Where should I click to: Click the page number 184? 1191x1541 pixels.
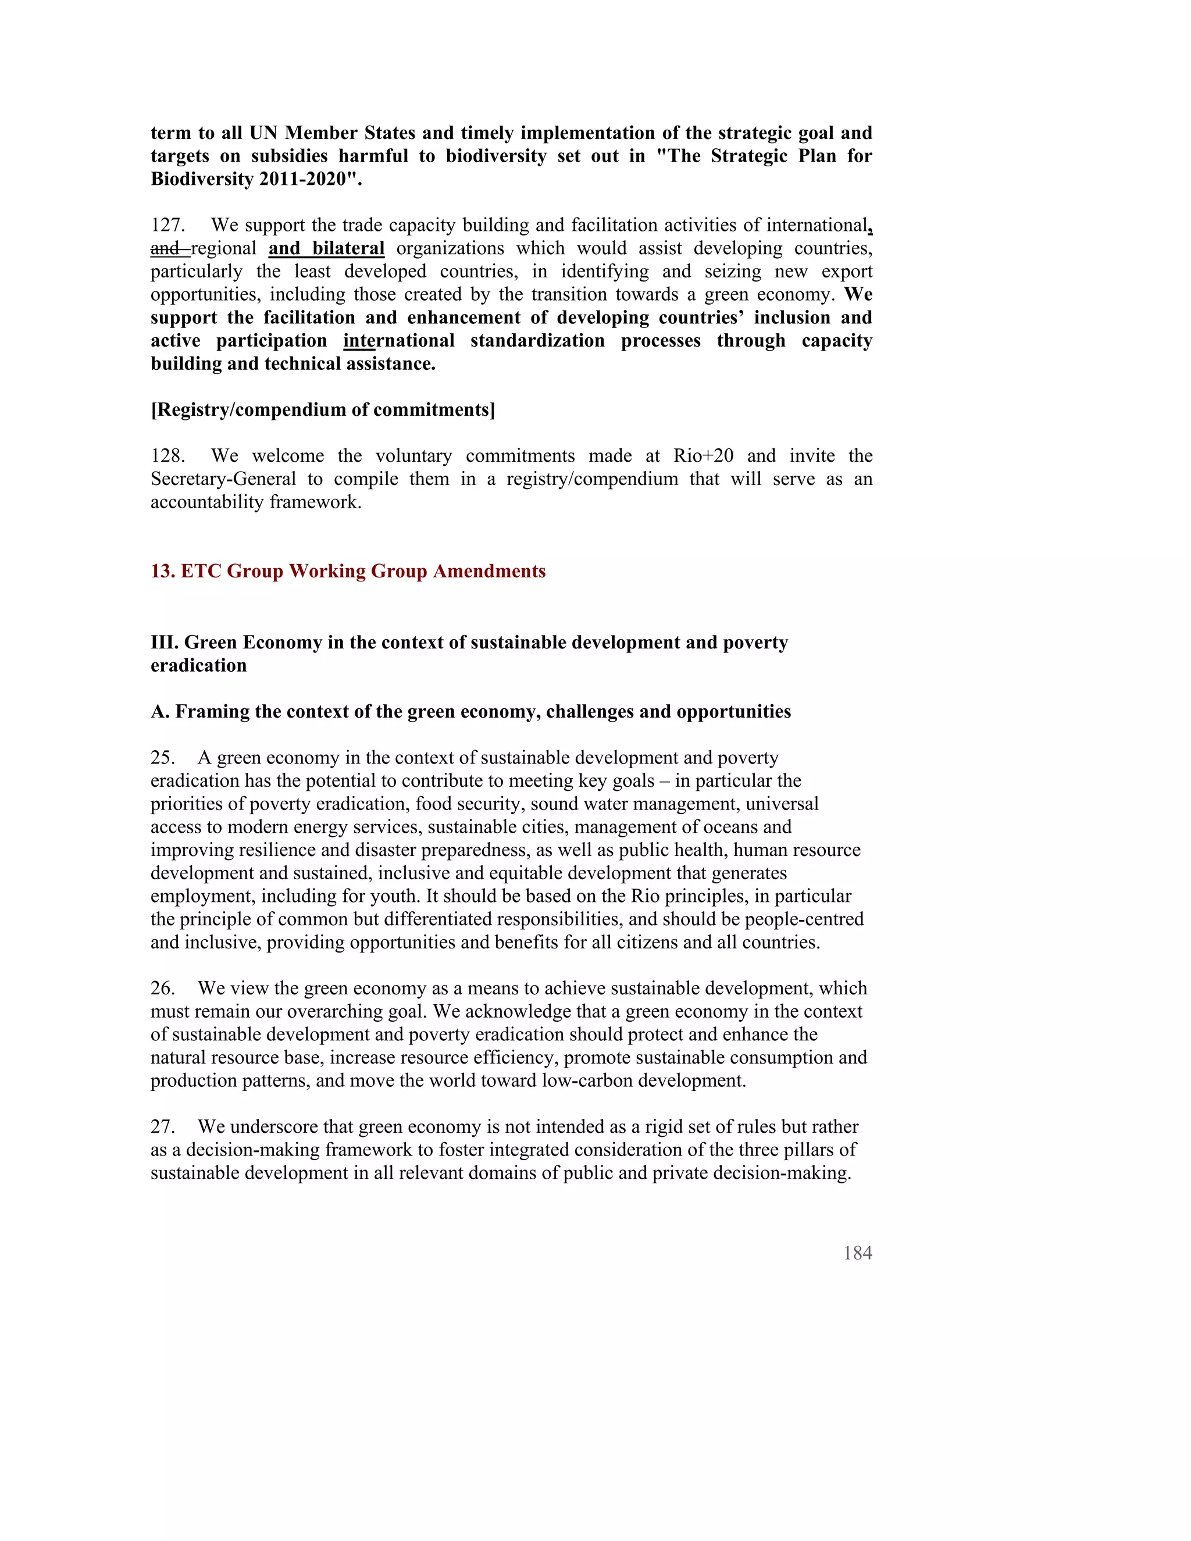point(857,1253)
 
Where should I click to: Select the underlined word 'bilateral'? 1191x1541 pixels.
point(348,248)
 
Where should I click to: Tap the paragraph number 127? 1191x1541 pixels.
point(167,225)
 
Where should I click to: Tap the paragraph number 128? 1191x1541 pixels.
point(167,456)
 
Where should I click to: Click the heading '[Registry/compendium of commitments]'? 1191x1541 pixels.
point(322,410)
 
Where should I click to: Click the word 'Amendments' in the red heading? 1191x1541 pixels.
point(489,571)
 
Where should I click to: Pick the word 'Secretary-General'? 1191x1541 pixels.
point(223,479)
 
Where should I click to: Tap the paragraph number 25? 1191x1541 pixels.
point(162,758)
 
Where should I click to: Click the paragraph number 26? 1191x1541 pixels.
point(162,989)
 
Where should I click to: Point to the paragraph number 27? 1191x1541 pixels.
point(162,1127)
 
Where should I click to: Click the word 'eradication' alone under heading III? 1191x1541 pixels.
point(198,665)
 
